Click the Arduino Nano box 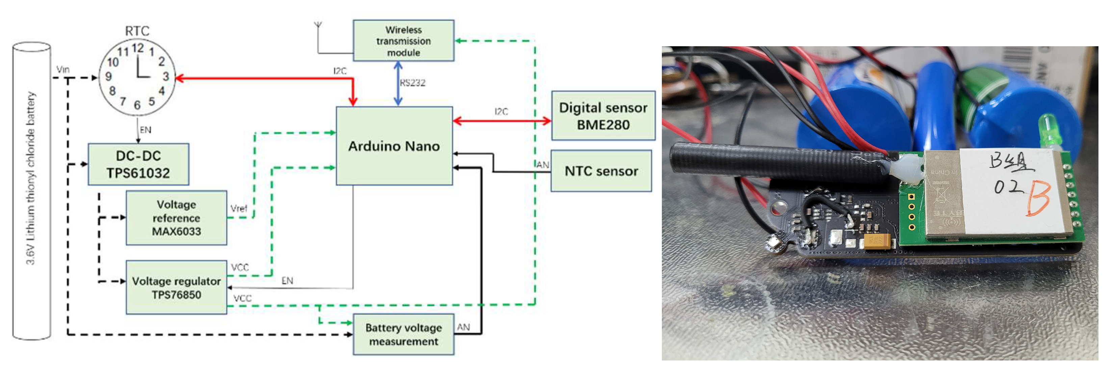394,146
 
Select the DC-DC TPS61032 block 138,164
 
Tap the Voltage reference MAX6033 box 177,218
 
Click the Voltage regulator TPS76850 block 177,288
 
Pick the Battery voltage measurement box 404,334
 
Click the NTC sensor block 601,171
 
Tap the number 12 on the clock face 137,48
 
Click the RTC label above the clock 137,31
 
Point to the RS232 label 413,83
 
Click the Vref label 239,208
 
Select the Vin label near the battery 63,69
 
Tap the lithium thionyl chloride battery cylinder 31,190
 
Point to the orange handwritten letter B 1037,198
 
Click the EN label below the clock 145,130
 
